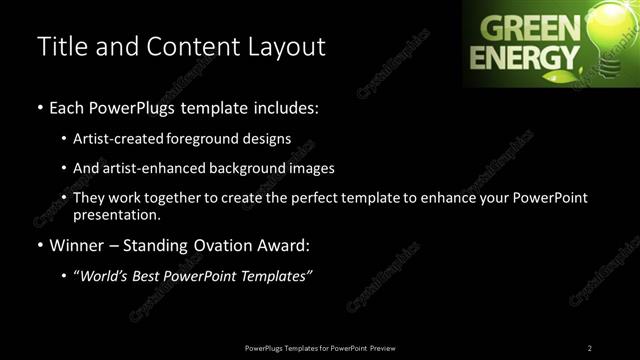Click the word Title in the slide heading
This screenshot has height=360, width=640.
click(62, 47)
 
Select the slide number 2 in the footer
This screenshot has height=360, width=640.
click(590, 347)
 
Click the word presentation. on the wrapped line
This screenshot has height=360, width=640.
click(118, 215)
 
